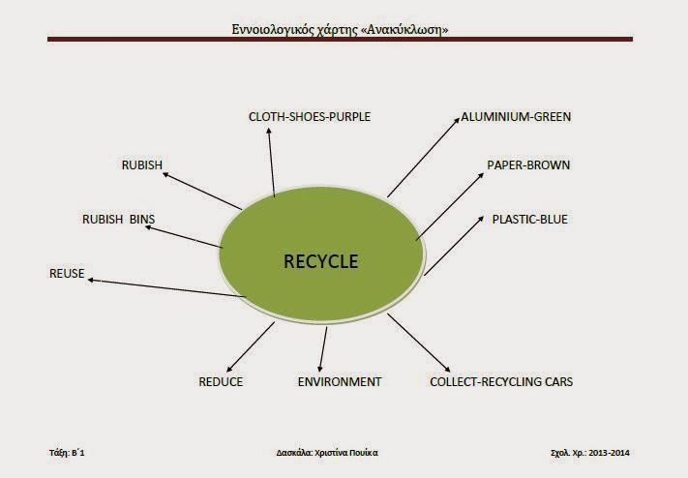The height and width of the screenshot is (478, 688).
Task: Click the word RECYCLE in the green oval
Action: click(x=320, y=261)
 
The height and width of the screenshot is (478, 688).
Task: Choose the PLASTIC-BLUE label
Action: click(x=530, y=219)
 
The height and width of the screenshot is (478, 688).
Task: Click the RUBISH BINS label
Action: click(x=118, y=220)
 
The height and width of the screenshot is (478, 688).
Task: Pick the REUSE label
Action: click(x=67, y=274)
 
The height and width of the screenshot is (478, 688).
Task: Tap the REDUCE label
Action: click(x=221, y=381)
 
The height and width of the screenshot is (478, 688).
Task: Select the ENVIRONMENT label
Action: click(x=340, y=381)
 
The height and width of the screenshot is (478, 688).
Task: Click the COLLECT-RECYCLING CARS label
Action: click(x=501, y=381)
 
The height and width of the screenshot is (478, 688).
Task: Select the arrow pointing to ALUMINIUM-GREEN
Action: click(x=423, y=157)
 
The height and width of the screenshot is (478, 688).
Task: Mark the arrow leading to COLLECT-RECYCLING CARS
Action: click(x=419, y=342)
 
